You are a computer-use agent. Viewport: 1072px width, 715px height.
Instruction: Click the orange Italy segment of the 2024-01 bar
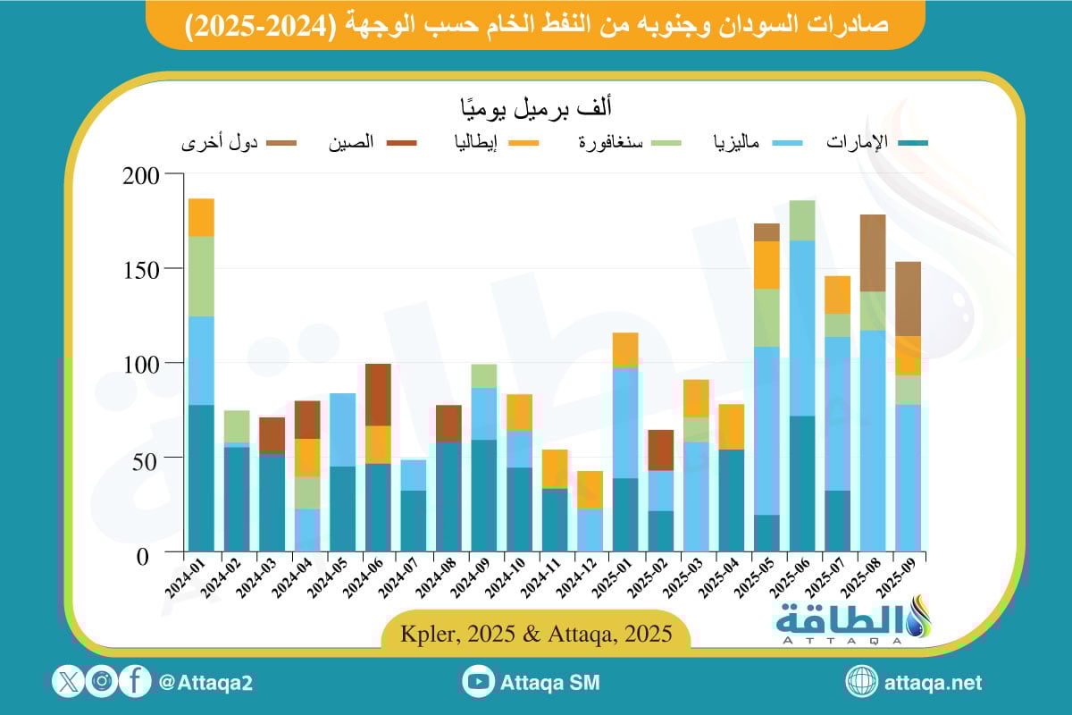[x=201, y=217]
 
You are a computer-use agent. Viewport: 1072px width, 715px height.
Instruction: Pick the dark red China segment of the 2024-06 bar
[x=378, y=394]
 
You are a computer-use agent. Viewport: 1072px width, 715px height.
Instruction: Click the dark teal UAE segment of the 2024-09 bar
[x=484, y=495]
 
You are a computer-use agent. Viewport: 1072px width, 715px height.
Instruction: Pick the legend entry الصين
[x=353, y=143]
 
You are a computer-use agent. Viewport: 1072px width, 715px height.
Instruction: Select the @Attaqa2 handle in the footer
[x=205, y=683]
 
